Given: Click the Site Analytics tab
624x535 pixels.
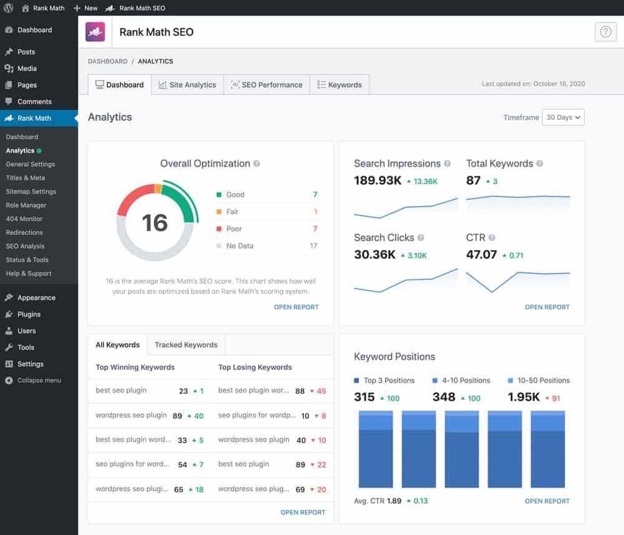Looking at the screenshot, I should click(x=187, y=85).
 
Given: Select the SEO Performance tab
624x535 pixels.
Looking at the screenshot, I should click(x=266, y=85).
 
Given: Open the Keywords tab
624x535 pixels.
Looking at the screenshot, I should click(x=339, y=85).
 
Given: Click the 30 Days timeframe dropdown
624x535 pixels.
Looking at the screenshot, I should click(x=563, y=117).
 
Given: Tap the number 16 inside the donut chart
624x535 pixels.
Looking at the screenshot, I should click(x=154, y=223).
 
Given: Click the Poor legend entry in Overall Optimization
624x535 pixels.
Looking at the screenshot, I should click(x=234, y=229).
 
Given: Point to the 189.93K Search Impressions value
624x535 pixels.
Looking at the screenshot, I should click(x=377, y=181).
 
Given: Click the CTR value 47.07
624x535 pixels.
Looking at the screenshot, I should click(x=481, y=255).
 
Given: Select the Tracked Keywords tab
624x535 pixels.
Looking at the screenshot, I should click(x=186, y=345).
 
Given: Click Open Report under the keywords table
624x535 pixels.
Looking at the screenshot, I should click(x=303, y=513).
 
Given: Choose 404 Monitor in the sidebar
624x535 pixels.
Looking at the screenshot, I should click(x=24, y=219).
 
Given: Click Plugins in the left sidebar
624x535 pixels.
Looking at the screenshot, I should click(x=29, y=315).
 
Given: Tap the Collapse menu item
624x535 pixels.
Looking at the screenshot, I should click(x=39, y=381).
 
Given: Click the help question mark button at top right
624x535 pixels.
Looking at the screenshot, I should click(x=605, y=32).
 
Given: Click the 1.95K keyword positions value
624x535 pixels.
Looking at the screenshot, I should click(x=523, y=398).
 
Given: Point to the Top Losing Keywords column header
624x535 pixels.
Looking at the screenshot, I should click(x=255, y=367).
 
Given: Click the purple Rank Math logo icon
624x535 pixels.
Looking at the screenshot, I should click(x=95, y=32).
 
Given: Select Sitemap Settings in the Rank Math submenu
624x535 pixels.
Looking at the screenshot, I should click(x=31, y=192).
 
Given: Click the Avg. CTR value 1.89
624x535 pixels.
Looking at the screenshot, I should click(x=394, y=501).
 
